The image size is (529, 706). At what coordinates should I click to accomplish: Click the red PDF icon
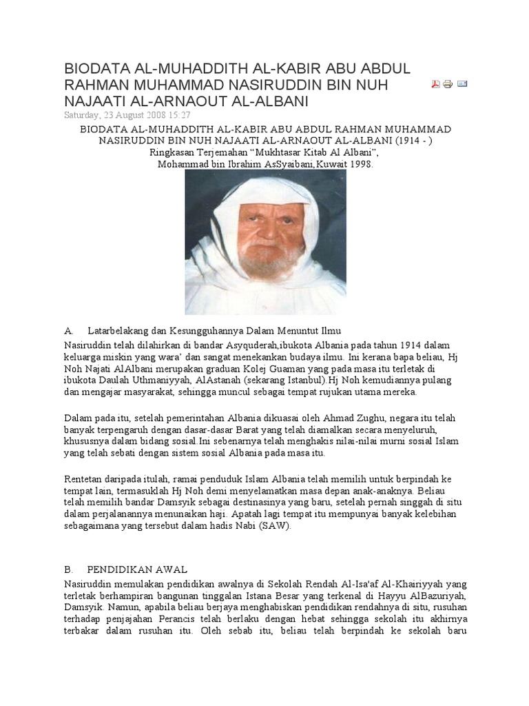(x=435, y=84)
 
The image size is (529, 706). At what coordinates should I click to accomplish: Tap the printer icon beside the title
(x=448, y=84)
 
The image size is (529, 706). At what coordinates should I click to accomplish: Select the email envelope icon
(x=462, y=84)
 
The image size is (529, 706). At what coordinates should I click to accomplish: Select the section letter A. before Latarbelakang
(x=69, y=331)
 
